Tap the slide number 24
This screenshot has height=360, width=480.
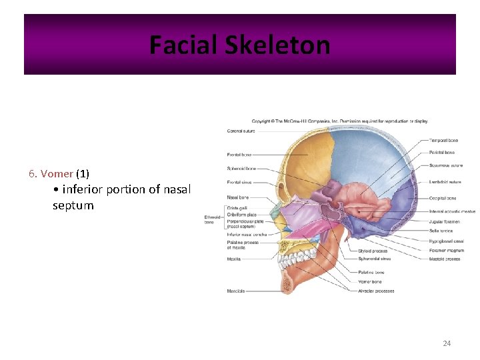[447, 343]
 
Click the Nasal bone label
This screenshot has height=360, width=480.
[238, 197]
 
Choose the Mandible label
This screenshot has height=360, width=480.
[236, 291]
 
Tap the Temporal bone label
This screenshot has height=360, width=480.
[443, 141]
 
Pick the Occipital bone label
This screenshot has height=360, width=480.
[443, 198]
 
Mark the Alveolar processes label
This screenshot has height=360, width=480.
[376, 291]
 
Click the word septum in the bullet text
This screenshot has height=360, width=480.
[73, 206]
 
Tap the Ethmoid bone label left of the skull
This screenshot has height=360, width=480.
[213, 219]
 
